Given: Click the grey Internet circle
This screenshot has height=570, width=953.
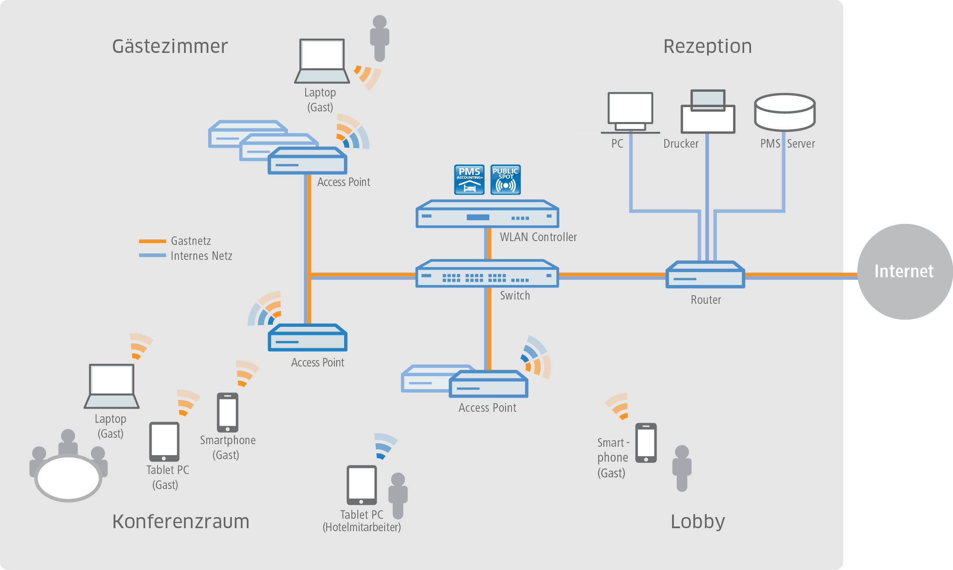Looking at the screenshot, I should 904,271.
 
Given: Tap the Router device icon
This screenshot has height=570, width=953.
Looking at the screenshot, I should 705,275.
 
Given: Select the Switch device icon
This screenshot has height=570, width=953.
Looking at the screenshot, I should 487,274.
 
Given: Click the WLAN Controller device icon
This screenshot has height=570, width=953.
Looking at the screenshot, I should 487,214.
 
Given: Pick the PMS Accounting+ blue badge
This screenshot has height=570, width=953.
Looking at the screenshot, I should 469,180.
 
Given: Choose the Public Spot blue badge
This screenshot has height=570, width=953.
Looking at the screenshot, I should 506,180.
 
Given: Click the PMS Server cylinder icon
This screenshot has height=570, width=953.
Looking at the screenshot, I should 785,112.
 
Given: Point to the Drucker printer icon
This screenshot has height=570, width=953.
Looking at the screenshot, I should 708,112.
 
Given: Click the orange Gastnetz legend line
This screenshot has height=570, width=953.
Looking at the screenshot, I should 152,241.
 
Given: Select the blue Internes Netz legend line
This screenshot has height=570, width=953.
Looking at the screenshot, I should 152,256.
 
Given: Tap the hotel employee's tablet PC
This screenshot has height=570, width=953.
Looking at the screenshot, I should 362,485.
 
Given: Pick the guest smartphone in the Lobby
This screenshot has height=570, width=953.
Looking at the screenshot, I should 646,443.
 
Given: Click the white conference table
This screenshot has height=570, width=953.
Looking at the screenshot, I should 68,478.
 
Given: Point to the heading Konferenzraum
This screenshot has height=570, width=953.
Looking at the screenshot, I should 181,521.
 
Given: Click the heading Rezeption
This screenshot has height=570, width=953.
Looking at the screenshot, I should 707,46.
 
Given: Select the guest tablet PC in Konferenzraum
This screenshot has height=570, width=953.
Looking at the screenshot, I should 164,442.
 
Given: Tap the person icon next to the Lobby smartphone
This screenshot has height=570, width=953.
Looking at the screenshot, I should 682,468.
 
